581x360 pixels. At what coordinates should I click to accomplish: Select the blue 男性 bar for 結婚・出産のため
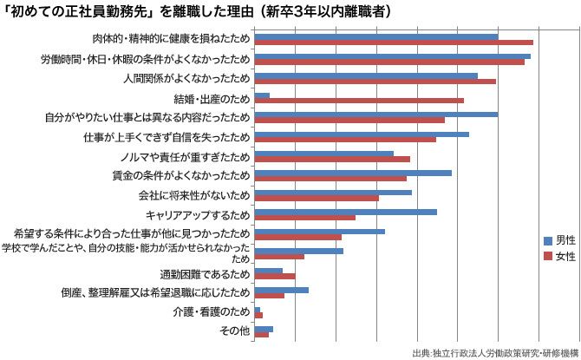262,95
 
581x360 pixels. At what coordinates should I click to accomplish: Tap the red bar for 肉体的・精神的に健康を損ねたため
394,43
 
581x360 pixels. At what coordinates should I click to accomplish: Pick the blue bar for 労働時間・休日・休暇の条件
393,56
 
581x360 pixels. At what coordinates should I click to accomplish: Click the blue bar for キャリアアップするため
346,211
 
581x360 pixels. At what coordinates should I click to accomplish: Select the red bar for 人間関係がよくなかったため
375,82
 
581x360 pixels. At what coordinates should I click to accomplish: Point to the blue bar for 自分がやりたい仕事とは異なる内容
376,115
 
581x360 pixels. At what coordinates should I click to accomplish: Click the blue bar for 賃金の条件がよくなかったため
353,173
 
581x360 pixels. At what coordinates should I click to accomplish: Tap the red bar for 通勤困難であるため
276,277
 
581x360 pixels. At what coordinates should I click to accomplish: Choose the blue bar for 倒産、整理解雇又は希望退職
282,290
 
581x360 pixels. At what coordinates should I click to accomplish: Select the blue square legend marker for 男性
548,239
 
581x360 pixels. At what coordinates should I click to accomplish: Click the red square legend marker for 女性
548,257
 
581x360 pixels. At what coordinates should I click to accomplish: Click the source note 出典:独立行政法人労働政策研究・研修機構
495,352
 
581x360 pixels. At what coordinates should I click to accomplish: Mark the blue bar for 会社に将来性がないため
333,192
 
